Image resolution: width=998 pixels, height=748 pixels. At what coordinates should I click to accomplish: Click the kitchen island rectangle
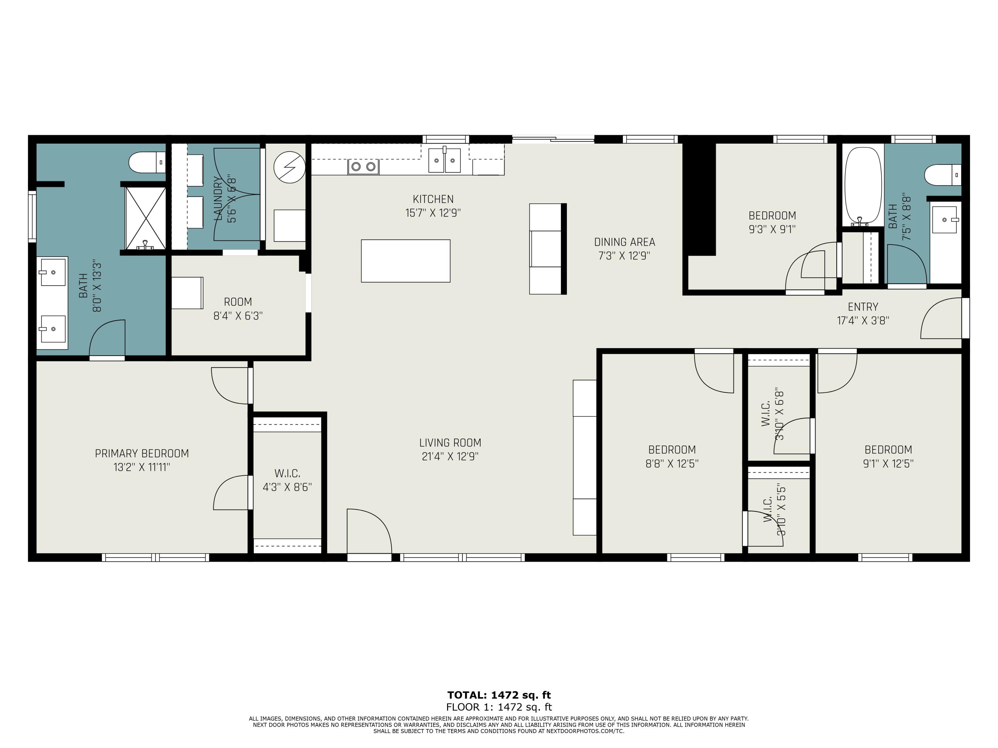coord(405,261)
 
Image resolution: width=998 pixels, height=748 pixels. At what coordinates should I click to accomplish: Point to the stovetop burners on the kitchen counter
coord(363,167)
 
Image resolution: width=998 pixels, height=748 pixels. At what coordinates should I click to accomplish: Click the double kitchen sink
coord(444,160)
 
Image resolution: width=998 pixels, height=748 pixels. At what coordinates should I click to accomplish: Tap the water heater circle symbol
coord(289,167)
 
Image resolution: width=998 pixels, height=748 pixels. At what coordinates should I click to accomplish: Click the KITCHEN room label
coord(433,199)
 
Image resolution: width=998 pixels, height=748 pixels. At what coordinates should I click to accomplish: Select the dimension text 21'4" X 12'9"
coord(450,456)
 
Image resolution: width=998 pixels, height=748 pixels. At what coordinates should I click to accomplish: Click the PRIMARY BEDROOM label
coord(142,453)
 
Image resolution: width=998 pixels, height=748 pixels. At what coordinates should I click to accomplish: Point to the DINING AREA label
coord(624,242)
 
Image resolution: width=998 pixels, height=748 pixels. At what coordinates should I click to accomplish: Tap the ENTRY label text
coord(863,307)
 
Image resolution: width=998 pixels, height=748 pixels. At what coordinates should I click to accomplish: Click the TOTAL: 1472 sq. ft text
coord(499,695)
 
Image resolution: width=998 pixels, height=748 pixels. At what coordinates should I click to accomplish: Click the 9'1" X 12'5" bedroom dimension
coord(888,463)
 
